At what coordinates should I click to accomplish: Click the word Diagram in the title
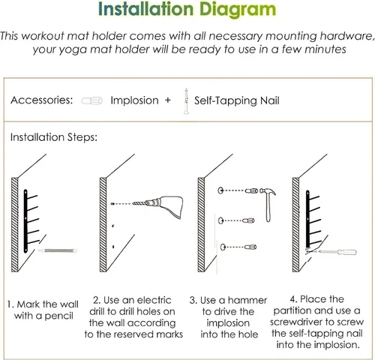point(238,10)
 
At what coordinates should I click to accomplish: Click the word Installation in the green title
point(145,9)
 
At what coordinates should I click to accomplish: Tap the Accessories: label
point(42,100)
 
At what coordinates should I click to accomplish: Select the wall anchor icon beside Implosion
point(91,100)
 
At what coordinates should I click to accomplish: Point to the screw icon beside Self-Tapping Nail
point(186,101)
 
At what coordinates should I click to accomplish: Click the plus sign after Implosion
point(167,100)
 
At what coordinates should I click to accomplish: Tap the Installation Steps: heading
point(54,137)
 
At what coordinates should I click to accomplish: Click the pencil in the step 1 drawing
point(58,250)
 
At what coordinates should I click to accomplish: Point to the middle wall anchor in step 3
point(249,220)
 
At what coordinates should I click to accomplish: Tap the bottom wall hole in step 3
point(223,247)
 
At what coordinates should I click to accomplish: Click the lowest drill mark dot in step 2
point(113,247)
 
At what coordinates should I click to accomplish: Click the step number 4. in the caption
point(293,299)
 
